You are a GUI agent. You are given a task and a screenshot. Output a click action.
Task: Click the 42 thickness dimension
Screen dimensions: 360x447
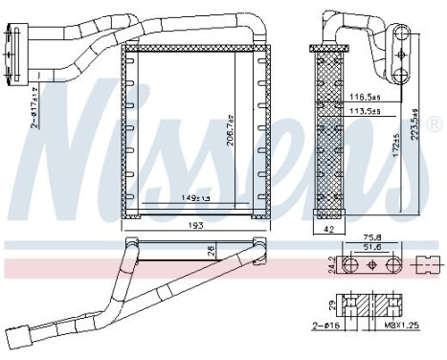[326, 231]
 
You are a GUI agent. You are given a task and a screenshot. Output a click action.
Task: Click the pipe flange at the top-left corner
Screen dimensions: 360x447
[11, 44]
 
